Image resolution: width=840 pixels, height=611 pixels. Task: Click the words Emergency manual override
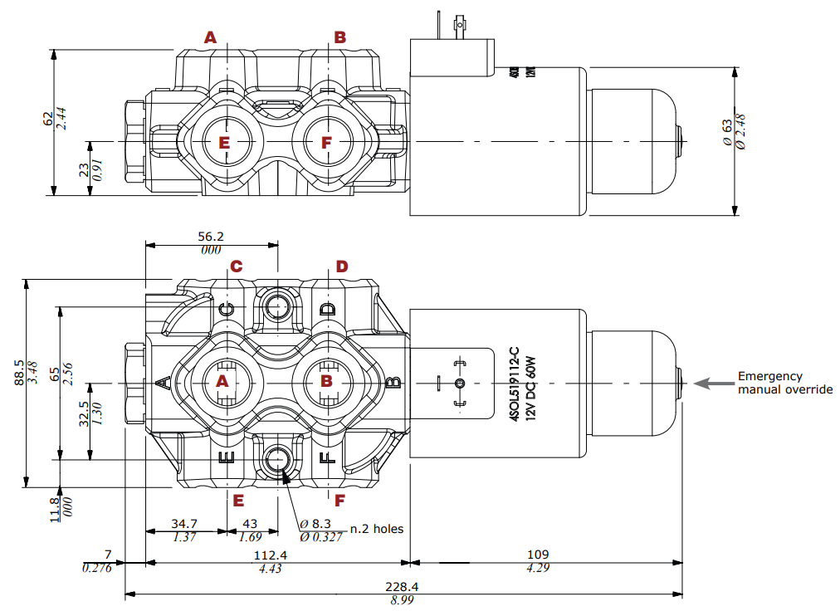coord(784,383)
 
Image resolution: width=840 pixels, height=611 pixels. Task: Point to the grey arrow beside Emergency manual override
coord(712,383)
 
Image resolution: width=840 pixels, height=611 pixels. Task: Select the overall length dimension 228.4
coord(403,586)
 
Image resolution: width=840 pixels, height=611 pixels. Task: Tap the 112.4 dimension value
coord(270,555)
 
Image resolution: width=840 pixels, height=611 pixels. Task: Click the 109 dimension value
coord(538,555)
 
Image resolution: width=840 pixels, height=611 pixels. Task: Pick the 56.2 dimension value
coord(211,236)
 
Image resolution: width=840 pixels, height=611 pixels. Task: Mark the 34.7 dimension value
coord(184,524)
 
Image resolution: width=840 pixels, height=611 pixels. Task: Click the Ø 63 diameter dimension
coord(728,133)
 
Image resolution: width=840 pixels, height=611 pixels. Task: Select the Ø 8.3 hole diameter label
coord(316,524)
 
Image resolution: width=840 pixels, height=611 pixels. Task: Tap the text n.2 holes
coord(377,529)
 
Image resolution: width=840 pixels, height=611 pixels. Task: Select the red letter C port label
coord(236,266)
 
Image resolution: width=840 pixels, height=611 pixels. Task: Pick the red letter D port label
coord(342,266)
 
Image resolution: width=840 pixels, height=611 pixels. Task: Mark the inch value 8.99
coord(403,599)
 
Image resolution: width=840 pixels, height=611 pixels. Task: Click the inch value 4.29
coord(538,568)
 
